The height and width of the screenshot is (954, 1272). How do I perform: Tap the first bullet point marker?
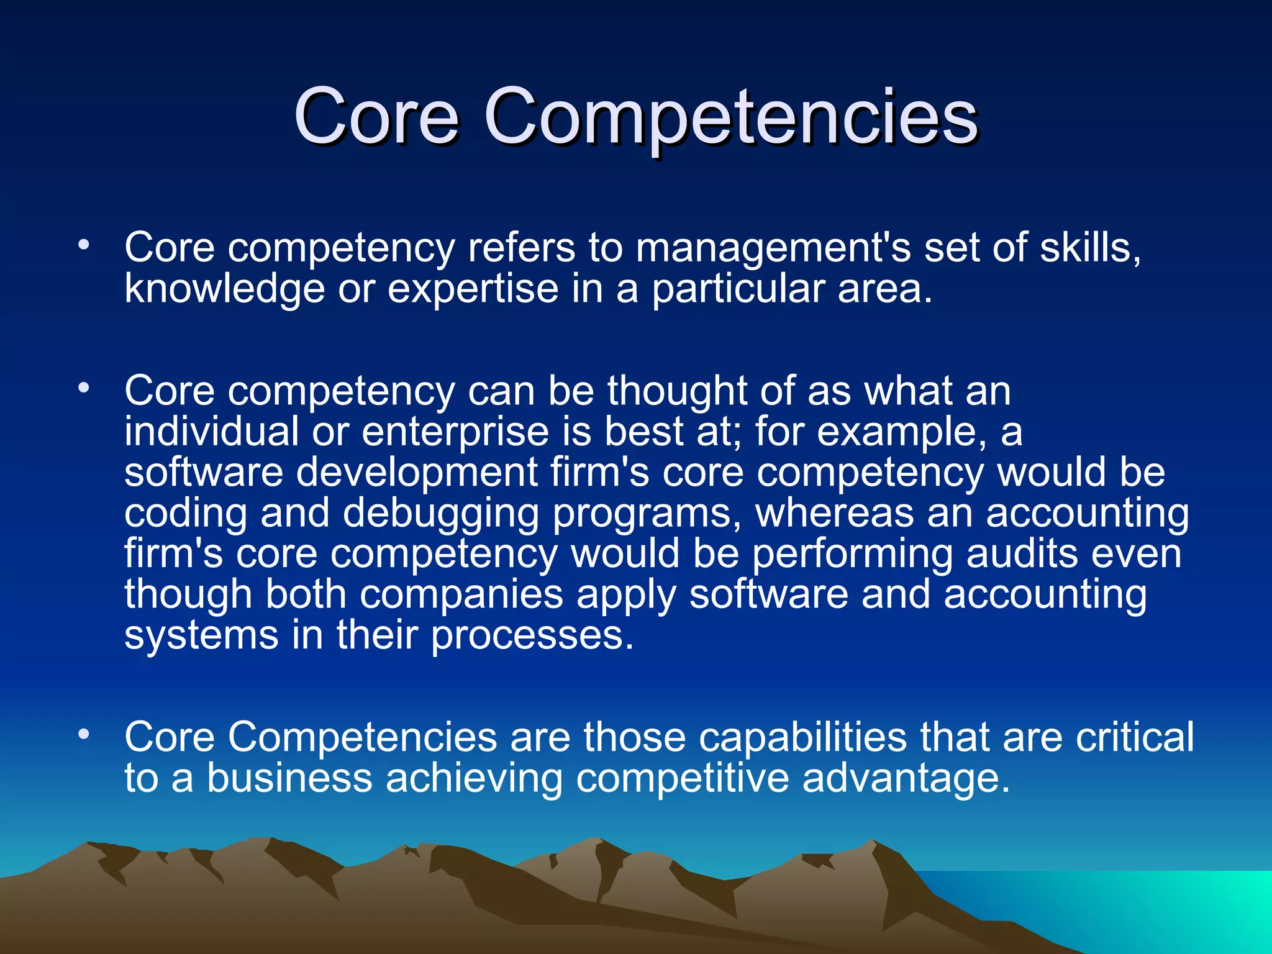point(84,244)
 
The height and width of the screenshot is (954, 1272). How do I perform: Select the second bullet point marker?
point(84,388)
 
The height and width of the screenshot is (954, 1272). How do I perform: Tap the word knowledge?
point(224,289)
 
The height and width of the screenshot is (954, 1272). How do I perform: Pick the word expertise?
point(473,289)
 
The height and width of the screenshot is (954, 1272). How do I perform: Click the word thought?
point(677,391)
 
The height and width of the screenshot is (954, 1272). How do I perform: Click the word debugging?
point(441,514)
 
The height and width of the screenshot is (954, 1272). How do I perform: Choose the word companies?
point(461,595)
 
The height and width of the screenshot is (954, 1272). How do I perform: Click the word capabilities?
point(802,737)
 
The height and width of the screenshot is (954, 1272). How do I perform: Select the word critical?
point(1134,737)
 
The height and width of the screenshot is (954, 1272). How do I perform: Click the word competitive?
point(682,778)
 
